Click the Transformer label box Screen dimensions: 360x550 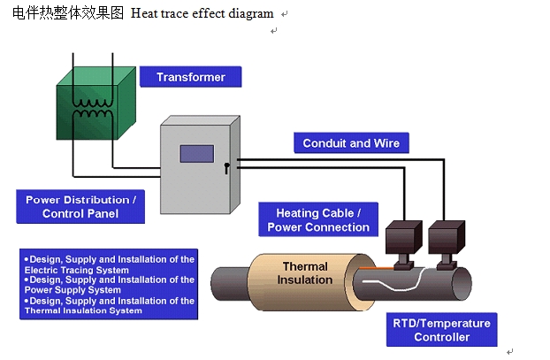pyautogui.click(x=190, y=77)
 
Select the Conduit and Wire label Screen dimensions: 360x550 pyautogui.click(x=350, y=143)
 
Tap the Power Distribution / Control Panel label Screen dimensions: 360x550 pyautogui.click(x=80, y=206)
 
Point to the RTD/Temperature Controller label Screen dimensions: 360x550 pyautogui.click(x=441, y=330)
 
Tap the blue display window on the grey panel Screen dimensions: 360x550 pyautogui.click(x=196, y=153)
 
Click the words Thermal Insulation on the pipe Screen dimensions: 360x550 pyautogui.click(x=305, y=273)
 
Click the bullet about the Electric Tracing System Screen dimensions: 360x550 pyautogui.click(x=109, y=264)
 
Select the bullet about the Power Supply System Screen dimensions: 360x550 pyautogui.click(x=109, y=285)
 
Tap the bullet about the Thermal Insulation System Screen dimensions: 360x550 pyautogui.click(x=109, y=306)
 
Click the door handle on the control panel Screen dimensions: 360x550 pyautogui.click(x=227, y=166)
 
